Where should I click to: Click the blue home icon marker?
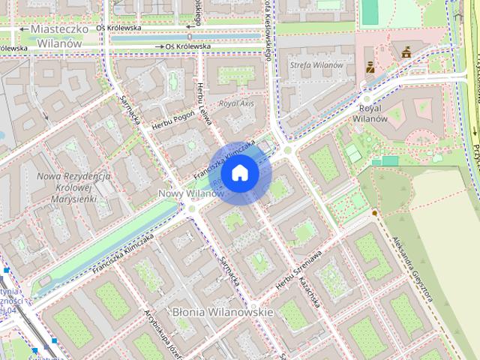tap(239, 173)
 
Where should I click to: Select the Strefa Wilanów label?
tap(316, 65)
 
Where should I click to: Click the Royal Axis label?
tap(236, 103)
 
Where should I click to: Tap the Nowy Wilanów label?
tap(191, 193)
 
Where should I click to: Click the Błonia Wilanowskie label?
tap(212, 310)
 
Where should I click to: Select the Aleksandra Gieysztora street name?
tap(412, 268)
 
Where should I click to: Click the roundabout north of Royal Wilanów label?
tap(367, 97)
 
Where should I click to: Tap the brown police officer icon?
tap(370, 66)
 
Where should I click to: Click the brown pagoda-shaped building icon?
tap(406, 52)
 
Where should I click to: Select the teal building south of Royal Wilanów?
tap(389, 160)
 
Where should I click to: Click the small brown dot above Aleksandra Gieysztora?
tap(373, 213)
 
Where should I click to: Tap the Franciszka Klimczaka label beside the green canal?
tap(124, 251)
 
